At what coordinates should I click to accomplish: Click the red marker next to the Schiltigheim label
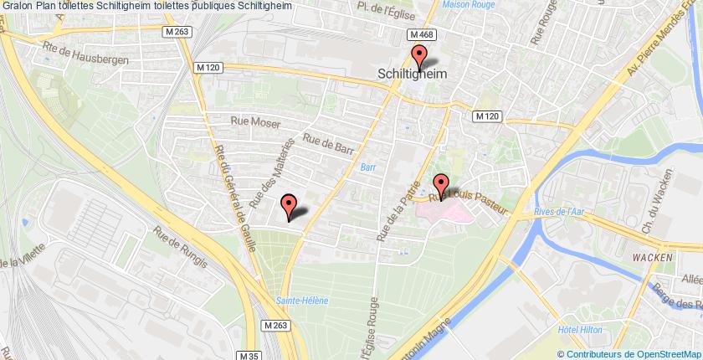pos(419,58)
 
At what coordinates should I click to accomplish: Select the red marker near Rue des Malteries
pos(289,205)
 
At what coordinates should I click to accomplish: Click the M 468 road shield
pos(420,35)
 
